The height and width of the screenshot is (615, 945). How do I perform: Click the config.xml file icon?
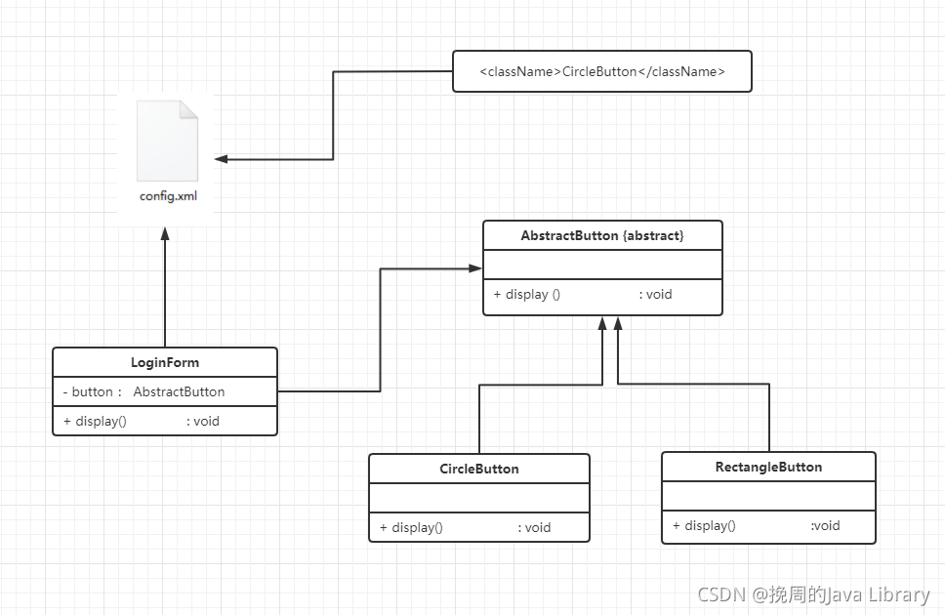tap(168, 141)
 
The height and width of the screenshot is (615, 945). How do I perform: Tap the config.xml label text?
tap(168, 196)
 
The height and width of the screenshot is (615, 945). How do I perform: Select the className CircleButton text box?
tap(602, 71)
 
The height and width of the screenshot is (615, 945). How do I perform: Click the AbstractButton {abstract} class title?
tap(602, 235)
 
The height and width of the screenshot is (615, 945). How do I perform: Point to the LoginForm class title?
tap(165, 362)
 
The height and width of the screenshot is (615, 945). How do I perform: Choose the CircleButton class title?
tap(479, 469)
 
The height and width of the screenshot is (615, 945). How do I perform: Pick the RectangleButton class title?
tap(768, 467)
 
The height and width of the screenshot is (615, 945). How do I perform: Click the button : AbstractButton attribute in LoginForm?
tap(144, 391)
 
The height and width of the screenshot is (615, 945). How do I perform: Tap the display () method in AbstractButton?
tap(527, 294)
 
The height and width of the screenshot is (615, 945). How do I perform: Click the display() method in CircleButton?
tap(411, 527)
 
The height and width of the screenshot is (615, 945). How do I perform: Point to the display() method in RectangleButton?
tap(704, 526)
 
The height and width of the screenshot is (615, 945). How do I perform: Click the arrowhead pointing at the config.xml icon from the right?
tap(222, 159)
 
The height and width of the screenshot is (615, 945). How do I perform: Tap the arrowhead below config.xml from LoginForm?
tap(165, 234)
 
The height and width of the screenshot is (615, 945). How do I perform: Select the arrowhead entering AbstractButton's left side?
tap(474, 268)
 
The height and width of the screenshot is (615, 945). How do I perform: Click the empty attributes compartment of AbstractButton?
tap(602, 265)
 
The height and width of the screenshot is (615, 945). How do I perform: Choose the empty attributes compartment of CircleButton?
tap(479, 498)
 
